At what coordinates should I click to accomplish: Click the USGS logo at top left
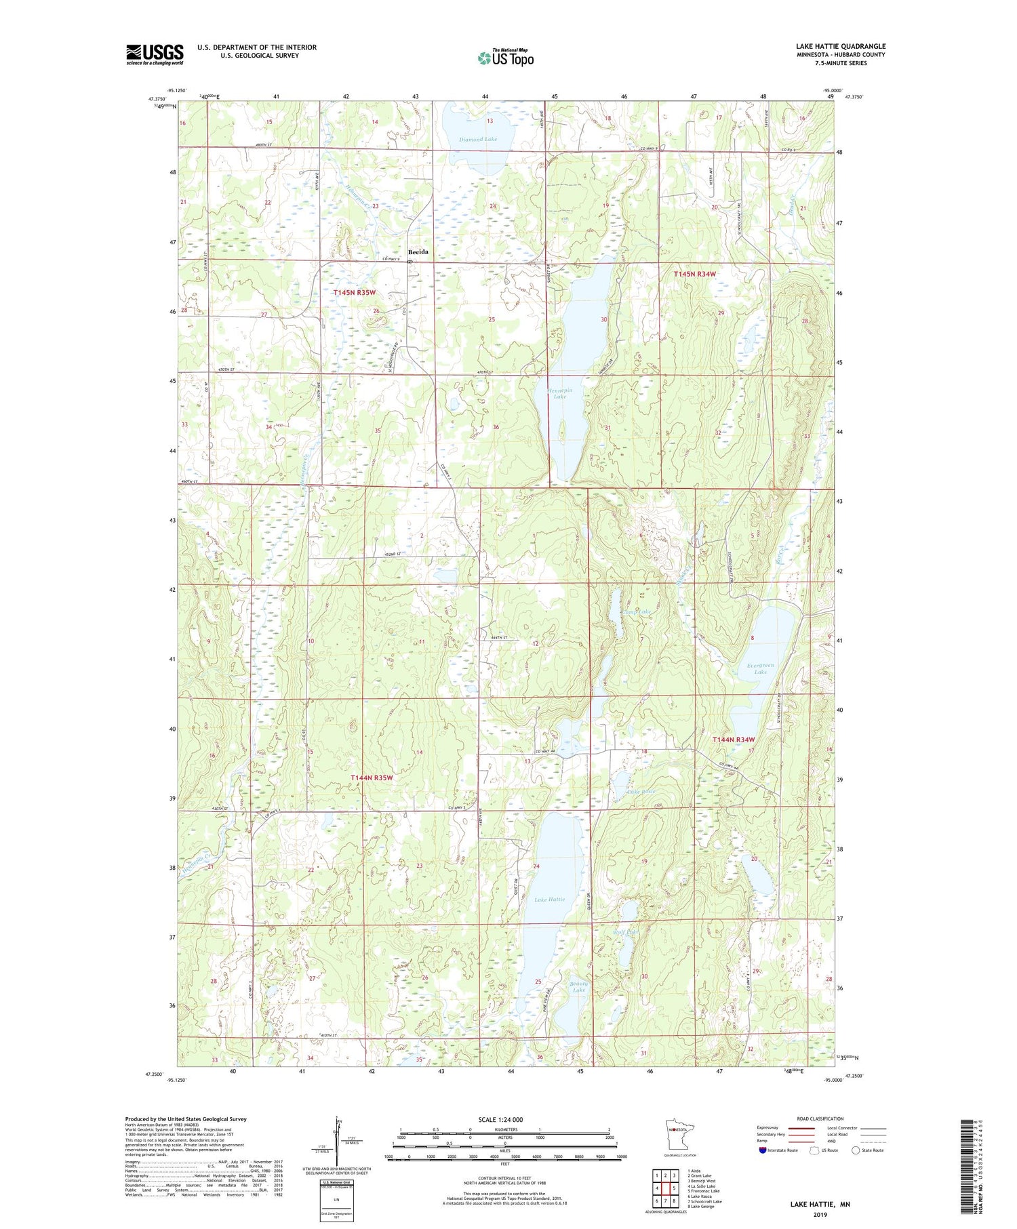pyautogui.click(x=155, y=54)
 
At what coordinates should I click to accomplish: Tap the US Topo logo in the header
pyautogui.click(x=506, y=58)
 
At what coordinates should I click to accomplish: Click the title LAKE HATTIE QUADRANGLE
pyautogui.click(x=841, y=46)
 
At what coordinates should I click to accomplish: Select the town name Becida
pyautogui.click(x=418, y=251)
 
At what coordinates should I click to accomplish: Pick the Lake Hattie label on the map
pyautogui.click(x=549, y=899)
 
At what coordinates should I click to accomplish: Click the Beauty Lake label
pyautogui.click(x=578, y=986)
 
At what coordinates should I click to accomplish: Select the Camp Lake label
pyautogui.click(x=637, y=611)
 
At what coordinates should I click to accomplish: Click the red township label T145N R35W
pyautogui.click(x=355, y=292)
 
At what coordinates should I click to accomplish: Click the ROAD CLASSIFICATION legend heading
pyautogui.click(x=820, y=1119)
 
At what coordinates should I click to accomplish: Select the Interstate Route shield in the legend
pyautogui.click(x=762, y=1150)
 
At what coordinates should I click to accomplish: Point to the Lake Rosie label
pyautogui.click(x=640, y=791)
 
